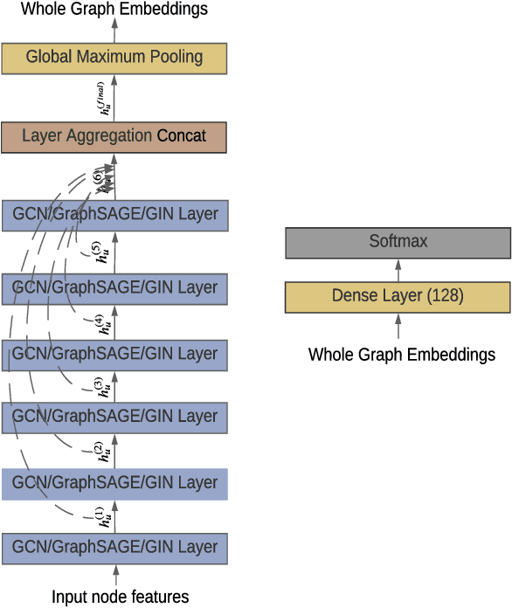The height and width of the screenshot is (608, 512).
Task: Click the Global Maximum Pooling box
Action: (114, 58)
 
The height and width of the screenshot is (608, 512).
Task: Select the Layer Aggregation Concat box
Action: (114, 136)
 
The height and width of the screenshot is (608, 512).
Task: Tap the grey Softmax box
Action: (398, 242)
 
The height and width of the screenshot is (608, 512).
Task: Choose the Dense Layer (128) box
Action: (398, 297)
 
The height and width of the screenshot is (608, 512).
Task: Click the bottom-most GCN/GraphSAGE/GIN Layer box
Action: (114, 549)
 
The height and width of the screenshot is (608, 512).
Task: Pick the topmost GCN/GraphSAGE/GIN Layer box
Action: (114, 215)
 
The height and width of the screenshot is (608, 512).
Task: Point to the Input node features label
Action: (120, 598)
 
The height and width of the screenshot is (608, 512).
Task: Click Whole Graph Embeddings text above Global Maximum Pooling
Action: (114, 10)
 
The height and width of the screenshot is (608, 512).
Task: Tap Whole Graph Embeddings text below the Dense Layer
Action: (402, 355)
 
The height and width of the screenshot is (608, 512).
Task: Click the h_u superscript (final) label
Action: (104, 98)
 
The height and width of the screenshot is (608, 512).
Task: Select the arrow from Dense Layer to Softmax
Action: (398, 270)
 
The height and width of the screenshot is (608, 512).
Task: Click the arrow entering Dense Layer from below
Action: (398, 326)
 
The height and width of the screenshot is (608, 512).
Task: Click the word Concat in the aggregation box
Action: (182, 136)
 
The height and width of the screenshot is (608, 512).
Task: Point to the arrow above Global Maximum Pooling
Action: (114, 30)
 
